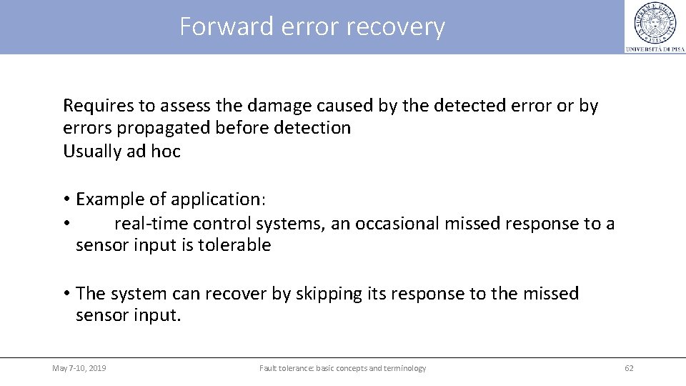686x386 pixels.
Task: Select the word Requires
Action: tap(98, 106)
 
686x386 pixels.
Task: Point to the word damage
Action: tap(277, 106)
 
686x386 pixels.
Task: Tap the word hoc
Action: tap(166, 151)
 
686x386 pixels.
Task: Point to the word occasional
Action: tap(396, 223)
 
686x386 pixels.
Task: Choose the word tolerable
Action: tap(235, 245)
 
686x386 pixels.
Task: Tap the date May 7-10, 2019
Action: tap(79, 368)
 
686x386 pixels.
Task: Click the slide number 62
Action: tap(629, 368)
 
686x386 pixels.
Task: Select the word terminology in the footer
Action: tap(404, 368)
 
